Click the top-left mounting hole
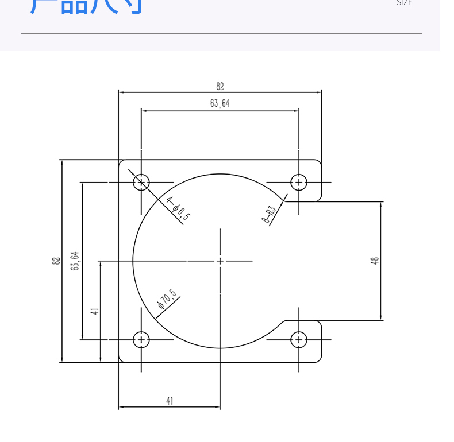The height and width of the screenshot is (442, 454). click(x=141, y=183)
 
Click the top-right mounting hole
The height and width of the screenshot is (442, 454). click(x=299, y=183)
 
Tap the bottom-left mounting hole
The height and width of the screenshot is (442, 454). click(x=141, y=340)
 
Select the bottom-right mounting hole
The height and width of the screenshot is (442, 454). click(x=299, y=340)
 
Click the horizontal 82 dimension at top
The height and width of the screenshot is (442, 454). click(x=220, y=86)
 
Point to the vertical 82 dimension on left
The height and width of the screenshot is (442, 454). click(x=56, y=261)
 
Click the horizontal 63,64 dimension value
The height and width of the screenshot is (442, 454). click(x=220, y=103)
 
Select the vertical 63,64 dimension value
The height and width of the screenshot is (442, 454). click(x=75, y=261)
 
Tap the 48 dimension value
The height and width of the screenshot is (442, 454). click(x=375, y=261)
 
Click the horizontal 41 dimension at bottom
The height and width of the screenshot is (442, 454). click(x=170, y=401)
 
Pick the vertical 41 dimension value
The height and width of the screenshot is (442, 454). click(x=95, y=311)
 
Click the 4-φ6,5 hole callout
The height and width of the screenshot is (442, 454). click(x=178, y=208)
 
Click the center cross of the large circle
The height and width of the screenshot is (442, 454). click(x=220, y=261)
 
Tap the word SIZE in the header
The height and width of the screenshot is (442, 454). click(x=404, y=3)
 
